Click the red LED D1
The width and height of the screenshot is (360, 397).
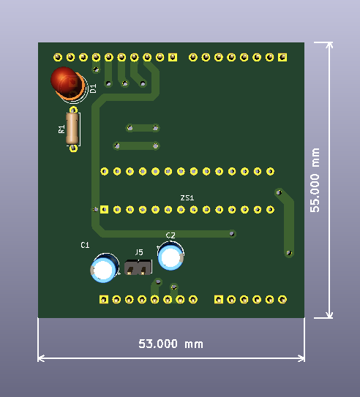tap(66, 81)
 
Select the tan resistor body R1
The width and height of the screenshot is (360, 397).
tap(72, 129)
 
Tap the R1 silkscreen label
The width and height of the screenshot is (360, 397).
tap(61, 129)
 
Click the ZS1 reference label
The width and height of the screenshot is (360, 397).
tap(187, 198)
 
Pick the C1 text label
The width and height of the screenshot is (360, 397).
tap(85, 244)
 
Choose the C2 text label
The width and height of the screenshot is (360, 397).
tap(170, 235)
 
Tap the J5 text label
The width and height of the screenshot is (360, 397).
tap(138, 253)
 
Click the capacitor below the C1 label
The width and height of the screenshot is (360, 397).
tap(104, 269)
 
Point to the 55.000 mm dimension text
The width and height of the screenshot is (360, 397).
tap(315, 180)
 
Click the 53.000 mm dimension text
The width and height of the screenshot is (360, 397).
tap(171, 344)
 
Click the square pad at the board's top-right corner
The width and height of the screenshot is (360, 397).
tap(282, 56)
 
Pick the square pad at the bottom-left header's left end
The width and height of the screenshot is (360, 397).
tap(104, 300)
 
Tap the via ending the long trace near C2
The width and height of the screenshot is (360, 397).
tap(232, 234)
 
